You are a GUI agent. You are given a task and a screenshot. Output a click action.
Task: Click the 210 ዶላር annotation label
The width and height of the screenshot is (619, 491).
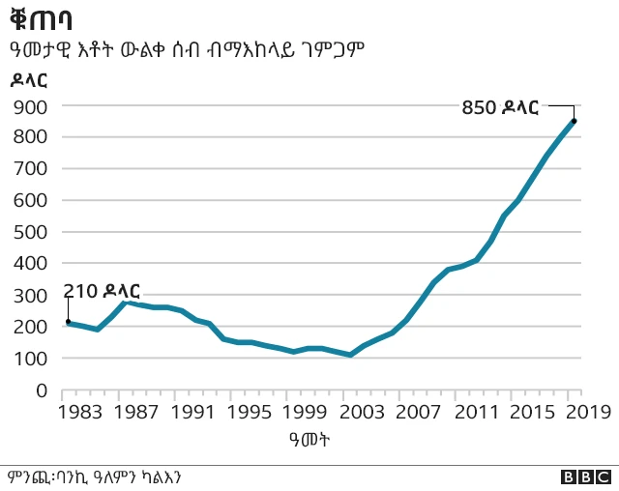point(102,291)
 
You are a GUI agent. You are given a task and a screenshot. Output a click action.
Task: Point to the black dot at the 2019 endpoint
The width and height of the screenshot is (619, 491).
point(574,121)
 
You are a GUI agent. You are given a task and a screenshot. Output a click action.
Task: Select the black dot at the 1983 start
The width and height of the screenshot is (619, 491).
point(68,322)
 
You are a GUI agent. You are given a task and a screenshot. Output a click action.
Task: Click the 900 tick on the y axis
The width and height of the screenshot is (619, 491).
point(32,105)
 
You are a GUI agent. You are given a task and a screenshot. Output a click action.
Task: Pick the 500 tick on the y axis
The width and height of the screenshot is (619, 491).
point(32,232)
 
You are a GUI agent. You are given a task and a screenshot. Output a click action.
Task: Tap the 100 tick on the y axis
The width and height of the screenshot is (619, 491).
point(32,359)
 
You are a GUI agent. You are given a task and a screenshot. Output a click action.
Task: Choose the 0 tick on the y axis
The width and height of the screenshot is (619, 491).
point(43,390)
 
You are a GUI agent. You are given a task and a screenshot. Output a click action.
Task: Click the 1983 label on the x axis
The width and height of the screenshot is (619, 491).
point(68,413)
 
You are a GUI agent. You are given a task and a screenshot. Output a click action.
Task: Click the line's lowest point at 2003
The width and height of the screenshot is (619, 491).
point(352,355)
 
